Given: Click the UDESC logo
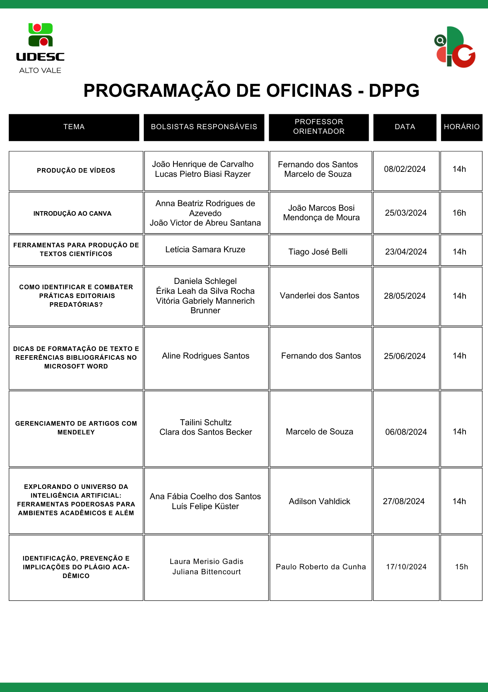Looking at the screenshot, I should point(40,48).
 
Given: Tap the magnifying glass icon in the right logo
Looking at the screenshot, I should point(440,40).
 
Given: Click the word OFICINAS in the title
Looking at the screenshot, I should point(309,91).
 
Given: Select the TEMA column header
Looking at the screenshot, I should point(74,127).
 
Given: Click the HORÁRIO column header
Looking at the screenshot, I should point(461,127).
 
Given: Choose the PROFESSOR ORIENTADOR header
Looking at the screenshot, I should point(319,127).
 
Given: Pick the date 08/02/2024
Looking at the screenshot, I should point(405,169).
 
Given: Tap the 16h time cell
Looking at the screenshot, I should point(459,213).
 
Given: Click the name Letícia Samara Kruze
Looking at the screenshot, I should point(205,250).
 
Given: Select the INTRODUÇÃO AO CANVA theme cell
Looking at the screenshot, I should point(72,213).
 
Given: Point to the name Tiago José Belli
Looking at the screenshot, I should point(318,252).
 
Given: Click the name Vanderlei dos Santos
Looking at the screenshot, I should point(319,296).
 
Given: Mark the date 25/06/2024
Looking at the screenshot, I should point(405,356).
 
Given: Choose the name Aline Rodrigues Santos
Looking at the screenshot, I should point(205,356).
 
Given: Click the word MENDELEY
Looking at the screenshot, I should point(76,432).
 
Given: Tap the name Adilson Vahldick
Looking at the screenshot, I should point(319,501).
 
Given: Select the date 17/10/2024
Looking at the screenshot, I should point(406,567).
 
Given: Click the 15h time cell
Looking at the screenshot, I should point(461,567).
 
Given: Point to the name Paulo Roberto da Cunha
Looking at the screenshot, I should point(321,567).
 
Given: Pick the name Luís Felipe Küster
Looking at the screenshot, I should point(205,506).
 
